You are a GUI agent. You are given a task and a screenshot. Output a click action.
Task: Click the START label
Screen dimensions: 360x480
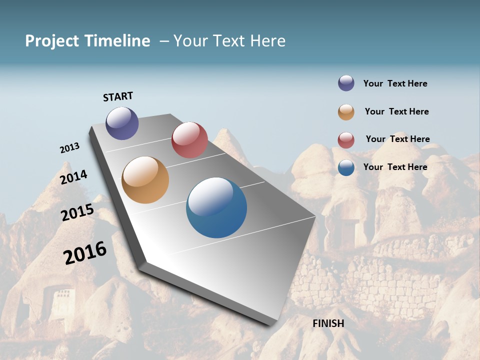(118, 96)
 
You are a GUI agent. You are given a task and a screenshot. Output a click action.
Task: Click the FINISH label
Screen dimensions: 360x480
(328, 323)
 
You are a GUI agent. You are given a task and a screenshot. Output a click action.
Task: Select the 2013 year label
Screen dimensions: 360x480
(69, 148)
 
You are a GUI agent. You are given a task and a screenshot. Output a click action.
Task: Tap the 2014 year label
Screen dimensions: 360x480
(73, 177)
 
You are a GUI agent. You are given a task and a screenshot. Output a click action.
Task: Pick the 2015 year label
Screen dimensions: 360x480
(77, 212)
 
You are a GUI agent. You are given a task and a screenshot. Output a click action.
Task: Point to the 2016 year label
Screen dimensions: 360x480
(85, 253)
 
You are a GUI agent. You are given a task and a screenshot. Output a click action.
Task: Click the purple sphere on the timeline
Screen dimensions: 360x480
(122, 123)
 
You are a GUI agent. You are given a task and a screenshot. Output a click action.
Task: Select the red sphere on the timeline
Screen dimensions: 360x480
(189, 140)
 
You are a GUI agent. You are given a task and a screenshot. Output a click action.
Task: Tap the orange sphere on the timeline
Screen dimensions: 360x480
(145, 180)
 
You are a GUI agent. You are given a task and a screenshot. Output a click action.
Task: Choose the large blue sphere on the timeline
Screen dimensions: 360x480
(216, 207)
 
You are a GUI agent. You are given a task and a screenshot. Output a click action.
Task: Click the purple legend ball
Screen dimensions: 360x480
(346, 83)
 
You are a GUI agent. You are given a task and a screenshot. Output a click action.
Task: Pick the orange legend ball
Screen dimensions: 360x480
(346, 112)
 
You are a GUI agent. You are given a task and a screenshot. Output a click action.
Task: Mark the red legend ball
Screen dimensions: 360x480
(346, 140)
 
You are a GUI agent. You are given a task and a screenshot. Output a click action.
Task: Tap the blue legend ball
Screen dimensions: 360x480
(346, 167)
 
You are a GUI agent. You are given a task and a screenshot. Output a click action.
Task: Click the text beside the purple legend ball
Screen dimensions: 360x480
(395, 83)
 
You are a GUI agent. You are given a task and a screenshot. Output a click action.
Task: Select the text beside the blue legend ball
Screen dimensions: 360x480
(395, 167)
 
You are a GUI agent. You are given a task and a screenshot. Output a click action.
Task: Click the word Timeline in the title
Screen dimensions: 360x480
(117, 41)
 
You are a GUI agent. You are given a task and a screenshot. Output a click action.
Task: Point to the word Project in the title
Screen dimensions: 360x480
(51, 41)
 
